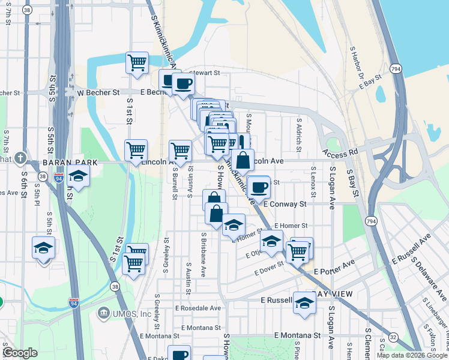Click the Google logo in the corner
pos(20,353)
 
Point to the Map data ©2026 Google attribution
pos(412,355)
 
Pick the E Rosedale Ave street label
pos(199,308)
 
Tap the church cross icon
pos(21,158)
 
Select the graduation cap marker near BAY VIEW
pos(304,302)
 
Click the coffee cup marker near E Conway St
pos(259,187)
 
